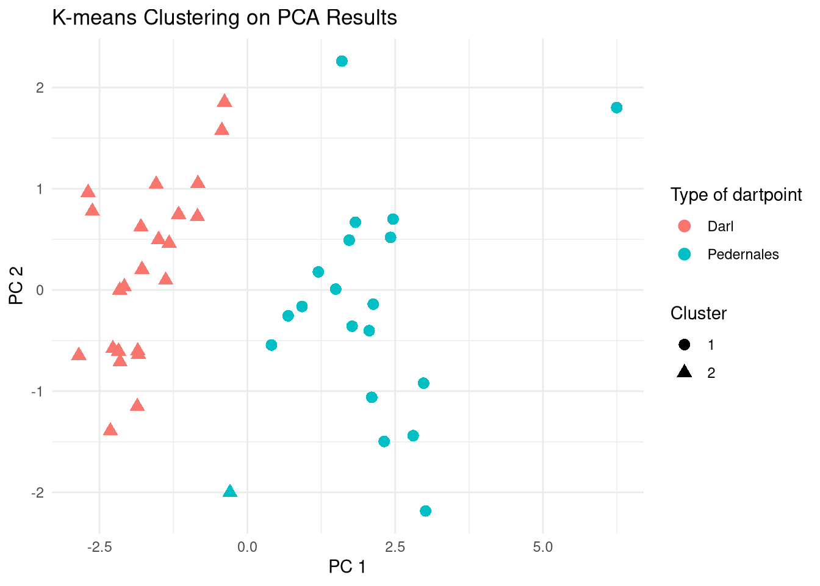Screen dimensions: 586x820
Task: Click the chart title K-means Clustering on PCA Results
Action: (225, 18)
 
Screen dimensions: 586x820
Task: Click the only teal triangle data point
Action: (230, 491)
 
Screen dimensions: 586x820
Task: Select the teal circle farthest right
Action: (616, 107)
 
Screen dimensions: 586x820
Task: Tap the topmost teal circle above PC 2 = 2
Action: (342, 61)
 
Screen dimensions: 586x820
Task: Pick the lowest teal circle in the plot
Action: (425, 511)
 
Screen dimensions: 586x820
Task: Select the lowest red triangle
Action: (110, 430)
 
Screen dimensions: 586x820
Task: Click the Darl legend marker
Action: (685, 226)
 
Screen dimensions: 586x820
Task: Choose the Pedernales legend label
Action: (743, 255)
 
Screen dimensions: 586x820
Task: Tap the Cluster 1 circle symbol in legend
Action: (685, 345)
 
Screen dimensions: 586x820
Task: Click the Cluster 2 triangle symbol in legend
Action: (685, 372)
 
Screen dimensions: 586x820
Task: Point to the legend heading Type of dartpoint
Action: (736, 195)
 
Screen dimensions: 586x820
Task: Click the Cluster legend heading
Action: (698, 313)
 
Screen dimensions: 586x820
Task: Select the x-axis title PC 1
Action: (347, 567)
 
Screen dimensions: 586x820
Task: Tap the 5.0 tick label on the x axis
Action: (542, 547)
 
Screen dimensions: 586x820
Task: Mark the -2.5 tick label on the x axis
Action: (99, 547)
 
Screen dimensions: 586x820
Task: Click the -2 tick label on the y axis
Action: (38, 493)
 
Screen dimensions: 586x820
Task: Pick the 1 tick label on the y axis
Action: (40, 189)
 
